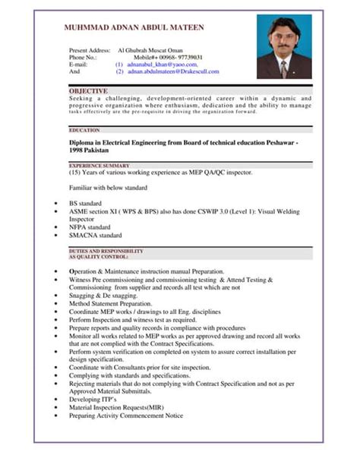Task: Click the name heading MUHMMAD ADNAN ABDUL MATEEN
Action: click(134, 27)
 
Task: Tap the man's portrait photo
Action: click(283, 48)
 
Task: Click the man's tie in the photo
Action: click(283, 68)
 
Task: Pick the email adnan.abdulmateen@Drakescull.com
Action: click(173, 71)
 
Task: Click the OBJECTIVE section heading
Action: click(88, 90)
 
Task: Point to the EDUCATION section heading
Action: click(84, 130)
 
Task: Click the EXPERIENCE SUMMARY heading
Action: click(99, 165)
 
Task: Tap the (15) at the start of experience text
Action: click(77, 172)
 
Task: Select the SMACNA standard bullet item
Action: click(95, 236)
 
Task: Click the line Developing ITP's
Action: click(93, 398)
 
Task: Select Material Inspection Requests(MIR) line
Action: click(115, 406)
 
